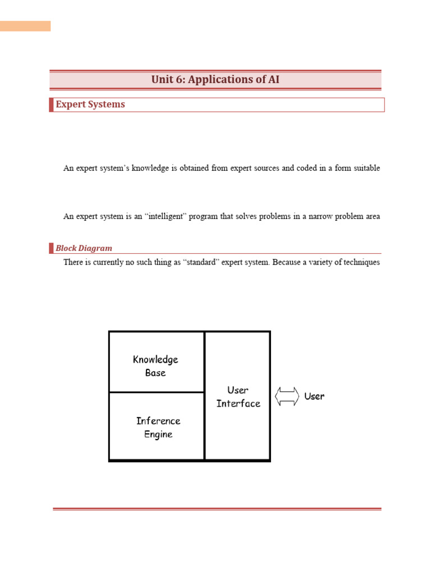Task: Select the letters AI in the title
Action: pyautogui.click(x=273, y=80)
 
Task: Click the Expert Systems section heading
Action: pyautogui.click(x=90, y=104)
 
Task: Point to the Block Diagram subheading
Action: pyautogui.click(x=84, y=248)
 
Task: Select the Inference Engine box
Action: pyautogui.click(x=158, y=427)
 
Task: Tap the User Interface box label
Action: pyautogui.click(x=238, y=396)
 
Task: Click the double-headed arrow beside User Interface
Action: pyautogui.click(x=287, y=396)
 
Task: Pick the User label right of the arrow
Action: pyautogui.click(x=314, y=396)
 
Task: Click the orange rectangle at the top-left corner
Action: pyautogui.click(x=25, y=26)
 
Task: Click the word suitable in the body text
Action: pyautogui.click(x=366, y=168)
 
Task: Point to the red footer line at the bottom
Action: pyautogui.click(x=217, y=509)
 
